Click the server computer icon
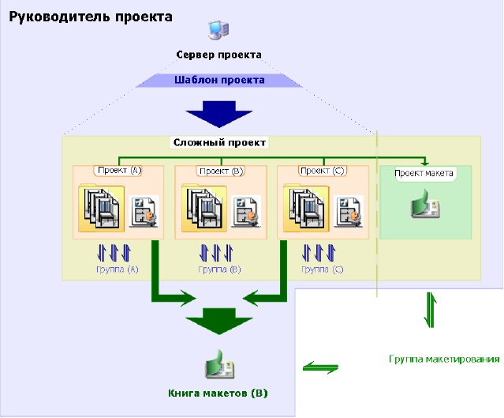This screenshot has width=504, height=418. [218, 31]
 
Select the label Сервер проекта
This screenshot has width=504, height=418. [218, 55]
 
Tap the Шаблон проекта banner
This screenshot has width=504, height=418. [219, 80]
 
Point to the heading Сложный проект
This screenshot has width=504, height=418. [219, 143]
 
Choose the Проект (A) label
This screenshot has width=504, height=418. [118, 170]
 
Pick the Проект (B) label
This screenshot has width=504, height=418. [221, 170]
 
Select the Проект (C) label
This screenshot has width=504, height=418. [323, 170]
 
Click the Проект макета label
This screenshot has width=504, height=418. [424, 174]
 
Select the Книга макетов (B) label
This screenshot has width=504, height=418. [218, 393]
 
